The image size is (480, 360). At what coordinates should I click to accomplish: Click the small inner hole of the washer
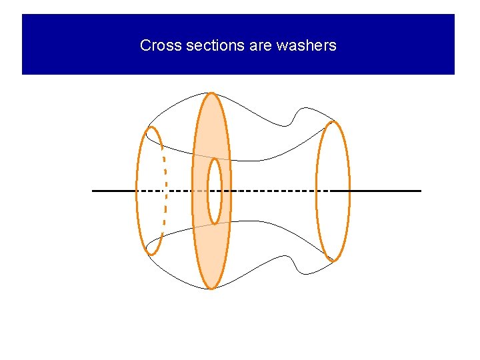214,191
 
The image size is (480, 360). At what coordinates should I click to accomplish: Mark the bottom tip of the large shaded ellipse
211,288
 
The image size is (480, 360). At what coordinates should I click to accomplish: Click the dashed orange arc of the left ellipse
165,193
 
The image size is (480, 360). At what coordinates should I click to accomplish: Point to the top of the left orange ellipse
151,127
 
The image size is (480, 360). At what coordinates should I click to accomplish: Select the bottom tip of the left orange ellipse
151,254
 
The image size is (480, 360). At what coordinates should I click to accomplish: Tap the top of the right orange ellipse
333,121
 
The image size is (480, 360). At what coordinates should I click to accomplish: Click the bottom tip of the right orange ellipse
333,260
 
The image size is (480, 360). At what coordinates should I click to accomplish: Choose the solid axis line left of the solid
113,191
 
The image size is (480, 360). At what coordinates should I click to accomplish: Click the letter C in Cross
145,46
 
